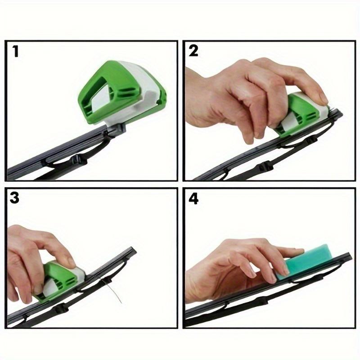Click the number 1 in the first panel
point(16,51)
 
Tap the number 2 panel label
point(193,51)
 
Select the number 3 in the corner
point(15,198)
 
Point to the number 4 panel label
point(194,198)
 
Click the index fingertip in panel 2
point(323,99)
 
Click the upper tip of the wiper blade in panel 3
point(132,249)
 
